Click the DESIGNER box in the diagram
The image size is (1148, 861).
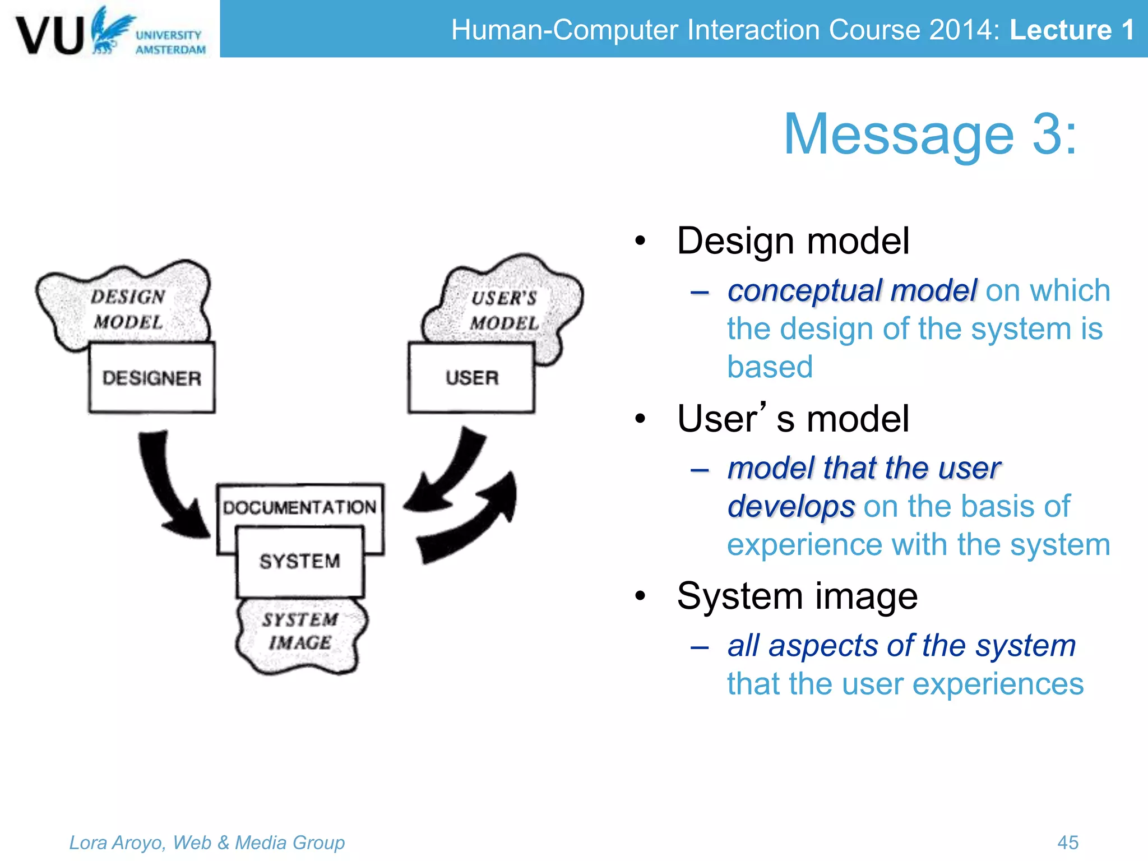pos(151,378)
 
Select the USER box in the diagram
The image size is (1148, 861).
pos(471,378)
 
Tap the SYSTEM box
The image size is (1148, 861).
pos(300,561)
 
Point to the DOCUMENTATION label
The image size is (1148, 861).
pos(300,507)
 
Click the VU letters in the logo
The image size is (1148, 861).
pos(50,35)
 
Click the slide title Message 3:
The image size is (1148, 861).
pos(930,135)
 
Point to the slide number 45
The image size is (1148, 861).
pos(1068,842)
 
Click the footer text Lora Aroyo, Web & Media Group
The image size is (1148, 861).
pos(207,842)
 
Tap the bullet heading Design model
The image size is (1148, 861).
pos(793,241)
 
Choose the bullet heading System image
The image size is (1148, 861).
pos(797,596)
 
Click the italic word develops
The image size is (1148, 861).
pos(791,506)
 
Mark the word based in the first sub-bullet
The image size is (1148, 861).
pos(770,367)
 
